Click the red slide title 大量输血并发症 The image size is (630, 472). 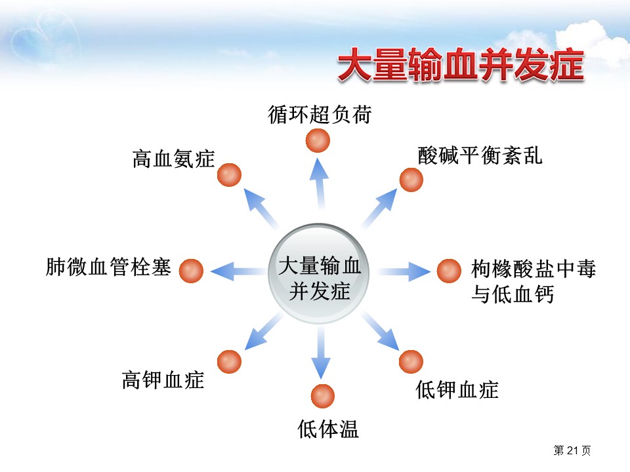click(460, 66)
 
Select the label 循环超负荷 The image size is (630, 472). click(320, 114)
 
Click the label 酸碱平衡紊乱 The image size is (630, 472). click(480, 155)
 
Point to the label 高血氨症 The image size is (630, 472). click(174, 158)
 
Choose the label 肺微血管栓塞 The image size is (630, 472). click(108, 267)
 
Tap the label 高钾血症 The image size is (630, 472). click(163, 380)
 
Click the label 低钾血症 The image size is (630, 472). click(457, 389)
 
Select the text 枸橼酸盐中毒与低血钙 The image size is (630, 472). click(533, 282)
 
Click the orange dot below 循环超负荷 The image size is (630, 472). click(318, 140)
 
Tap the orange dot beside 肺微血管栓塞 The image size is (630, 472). click(191, 270)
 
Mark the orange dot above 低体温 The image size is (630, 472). click(322, 395)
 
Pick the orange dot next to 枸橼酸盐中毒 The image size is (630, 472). click(449, 270)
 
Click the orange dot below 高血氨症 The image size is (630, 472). click(230, 175)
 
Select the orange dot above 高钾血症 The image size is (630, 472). click(229, 361)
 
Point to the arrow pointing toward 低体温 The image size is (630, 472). click(321, 354)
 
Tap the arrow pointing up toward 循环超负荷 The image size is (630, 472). click(320, 184)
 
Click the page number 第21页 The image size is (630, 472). click(572, 450)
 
